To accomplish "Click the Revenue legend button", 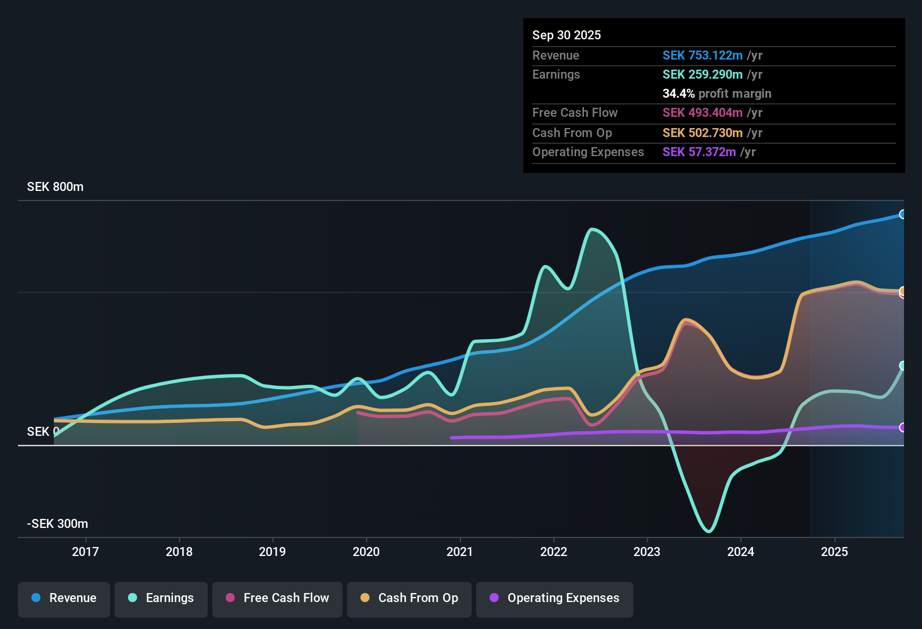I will click(x=64, y=598).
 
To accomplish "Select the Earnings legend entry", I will click(x=161, y=598).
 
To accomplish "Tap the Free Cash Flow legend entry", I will click(x=277, y=598).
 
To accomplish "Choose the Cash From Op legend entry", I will click(x=409, y=598).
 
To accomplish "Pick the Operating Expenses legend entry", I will click(x=555, y=598).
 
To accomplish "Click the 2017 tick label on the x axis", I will click(x=85, y=551).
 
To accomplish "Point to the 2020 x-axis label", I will click(x=366, y=551).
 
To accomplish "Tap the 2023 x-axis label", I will click(x=647, y=551).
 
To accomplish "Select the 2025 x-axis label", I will click(x=834, y=551).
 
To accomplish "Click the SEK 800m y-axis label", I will click(x=55, y=187).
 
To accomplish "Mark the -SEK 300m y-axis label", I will click(x=57, y=524).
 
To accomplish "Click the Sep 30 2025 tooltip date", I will click(x=567, y=35).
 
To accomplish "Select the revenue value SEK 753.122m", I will click(x=702, y=55).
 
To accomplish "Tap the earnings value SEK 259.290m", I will click(x=702, y=74).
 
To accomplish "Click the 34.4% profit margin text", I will click(x=716, y=93).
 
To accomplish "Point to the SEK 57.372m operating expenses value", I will click(x=699, y=152).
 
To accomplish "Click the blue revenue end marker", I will click(x=902, y=214).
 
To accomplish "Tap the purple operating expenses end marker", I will click(x=902, y=427).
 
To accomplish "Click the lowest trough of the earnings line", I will click(x=709, y=531).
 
